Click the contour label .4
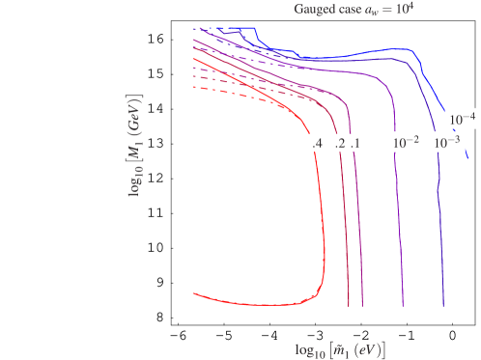317,143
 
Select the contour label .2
339,143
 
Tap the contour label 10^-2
405,143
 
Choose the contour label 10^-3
446,143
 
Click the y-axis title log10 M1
134,145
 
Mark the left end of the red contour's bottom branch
194,291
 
